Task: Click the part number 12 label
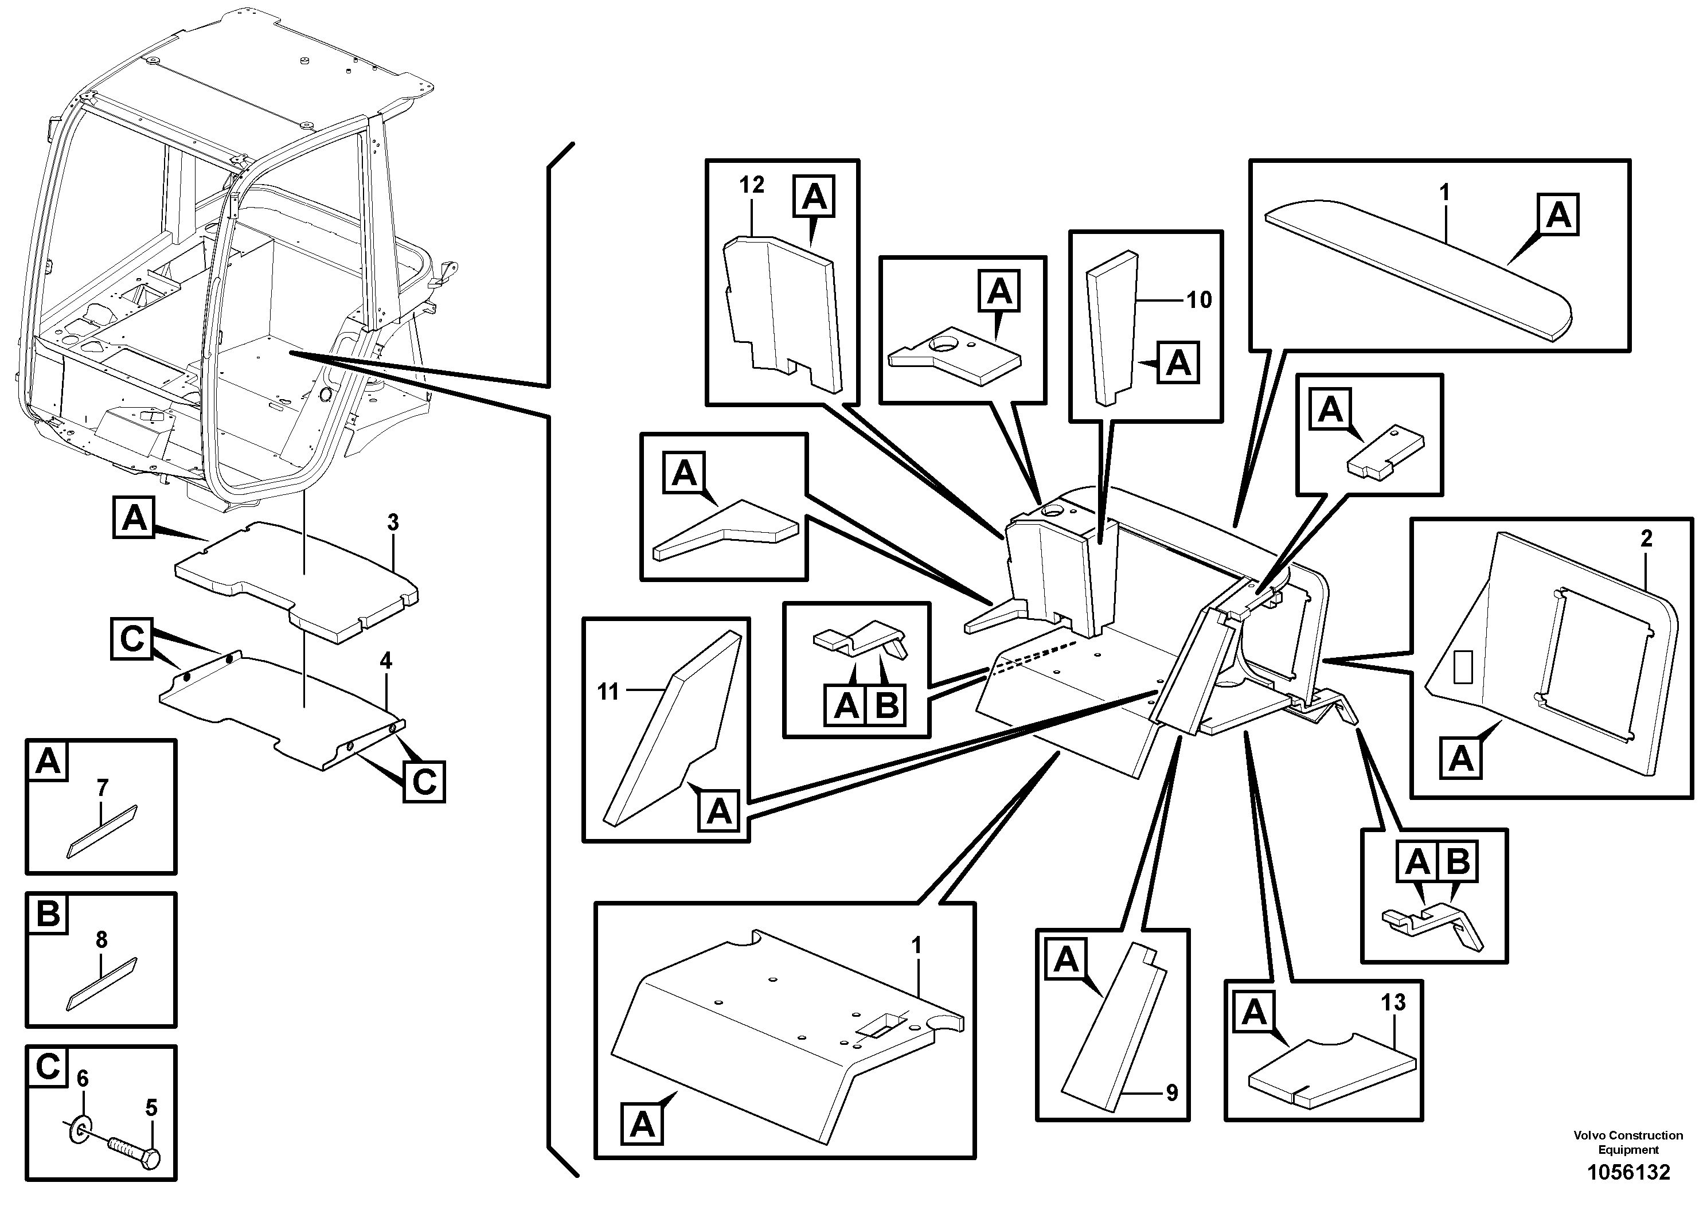pyautogui.click(x=751, y=185)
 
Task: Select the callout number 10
pyautogui.click(x=1198, y=300)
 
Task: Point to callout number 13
pyautogui.click(x=1393, y=1003)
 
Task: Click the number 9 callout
pyautogui.click(x=1171, y=1093)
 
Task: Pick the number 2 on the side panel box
pyautogui.click(x=1646, y=538)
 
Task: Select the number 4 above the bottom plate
pyautogui.click(x=385, y=661)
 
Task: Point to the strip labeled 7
pyautogui.click(x=102, y=833)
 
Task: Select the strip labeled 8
pyautogui.click(x=102, y=985)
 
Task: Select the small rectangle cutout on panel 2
pyautogui.click(x=1462, y=666)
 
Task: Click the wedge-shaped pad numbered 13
pyautogui.click(x=1331, y=1071)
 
